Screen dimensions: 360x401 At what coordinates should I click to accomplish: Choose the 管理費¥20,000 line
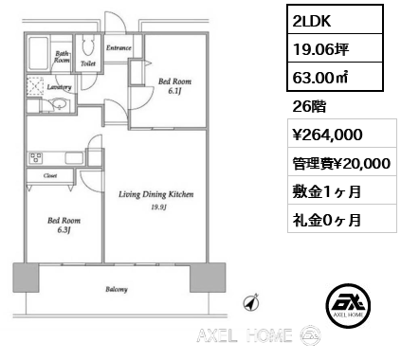coord(337,163)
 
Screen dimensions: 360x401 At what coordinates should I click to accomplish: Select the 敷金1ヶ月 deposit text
coord(324,191)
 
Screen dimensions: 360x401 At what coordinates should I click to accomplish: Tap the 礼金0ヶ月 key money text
coord(324,219)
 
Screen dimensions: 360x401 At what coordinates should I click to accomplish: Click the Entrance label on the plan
coord(118,46)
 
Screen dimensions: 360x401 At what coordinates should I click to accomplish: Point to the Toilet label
coord(87,63)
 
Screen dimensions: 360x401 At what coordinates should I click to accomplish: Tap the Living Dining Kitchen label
coord(155,194)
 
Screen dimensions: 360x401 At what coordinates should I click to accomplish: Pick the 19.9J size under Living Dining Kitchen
coord(156,207)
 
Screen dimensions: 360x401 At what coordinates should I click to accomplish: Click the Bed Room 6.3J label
coord(64,225)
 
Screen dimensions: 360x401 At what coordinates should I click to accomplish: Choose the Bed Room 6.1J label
coord(173,85)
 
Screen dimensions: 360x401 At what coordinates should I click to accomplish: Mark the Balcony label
coord(117,289)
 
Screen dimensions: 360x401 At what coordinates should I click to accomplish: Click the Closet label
coord(47,175)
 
